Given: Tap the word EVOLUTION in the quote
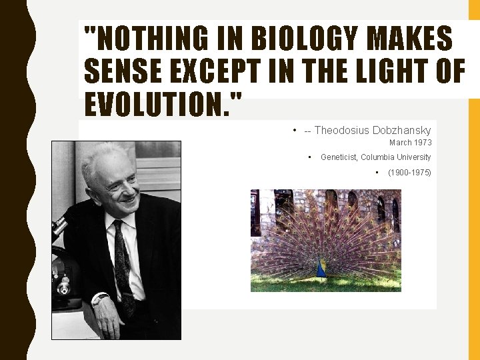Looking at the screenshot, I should (x=158, y=105).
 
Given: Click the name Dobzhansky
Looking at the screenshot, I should (x=402, y=131).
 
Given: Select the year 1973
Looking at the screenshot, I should (x=423, y=143).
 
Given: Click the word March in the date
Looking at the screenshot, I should (x=400, y=143).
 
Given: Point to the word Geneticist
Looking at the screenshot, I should (x=339, y=157).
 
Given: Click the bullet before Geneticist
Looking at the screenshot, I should (x=310, y=157).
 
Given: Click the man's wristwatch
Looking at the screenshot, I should (x=101, y=299).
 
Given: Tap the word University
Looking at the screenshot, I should (x=414, y=157).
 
